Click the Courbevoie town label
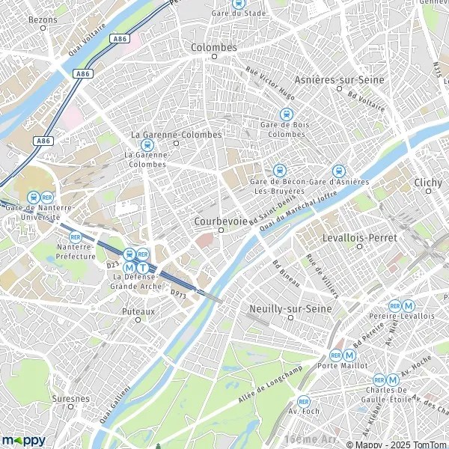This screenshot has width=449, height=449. [x=220, y=222]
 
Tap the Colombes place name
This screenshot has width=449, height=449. [x=215, y=47]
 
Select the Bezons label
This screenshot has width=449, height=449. [x=43, y=18]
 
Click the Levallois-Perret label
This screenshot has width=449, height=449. [x=368, y=237]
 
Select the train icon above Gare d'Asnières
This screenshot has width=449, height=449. [x=338, y=171]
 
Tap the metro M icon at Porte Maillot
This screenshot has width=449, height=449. [x=350, y=355]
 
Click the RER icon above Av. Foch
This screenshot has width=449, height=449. [x=303, y=401]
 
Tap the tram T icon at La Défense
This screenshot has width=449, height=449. [x=142, y=268]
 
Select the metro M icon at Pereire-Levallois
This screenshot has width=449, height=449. [x=409, y=305]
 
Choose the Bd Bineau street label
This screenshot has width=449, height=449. [x=286, y=272]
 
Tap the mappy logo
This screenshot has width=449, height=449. [x=23, y=440]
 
